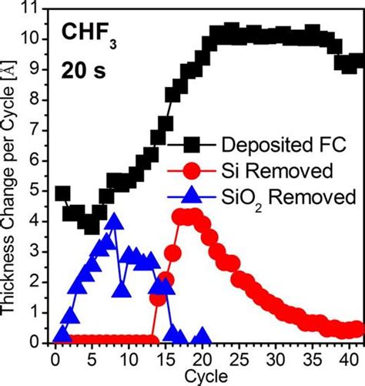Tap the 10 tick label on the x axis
128,357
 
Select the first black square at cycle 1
62,193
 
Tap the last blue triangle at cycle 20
202,336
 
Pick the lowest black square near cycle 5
92,225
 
